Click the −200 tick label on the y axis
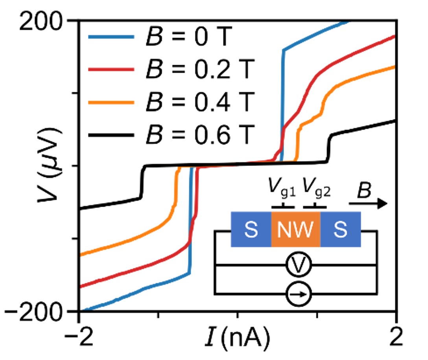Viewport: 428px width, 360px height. click(x=37, y=312)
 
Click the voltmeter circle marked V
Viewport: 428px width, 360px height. click(x=299, y=265)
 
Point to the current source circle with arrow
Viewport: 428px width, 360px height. click(x=299, y=293)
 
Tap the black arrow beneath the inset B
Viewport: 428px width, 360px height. click(x=368, y=203)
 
